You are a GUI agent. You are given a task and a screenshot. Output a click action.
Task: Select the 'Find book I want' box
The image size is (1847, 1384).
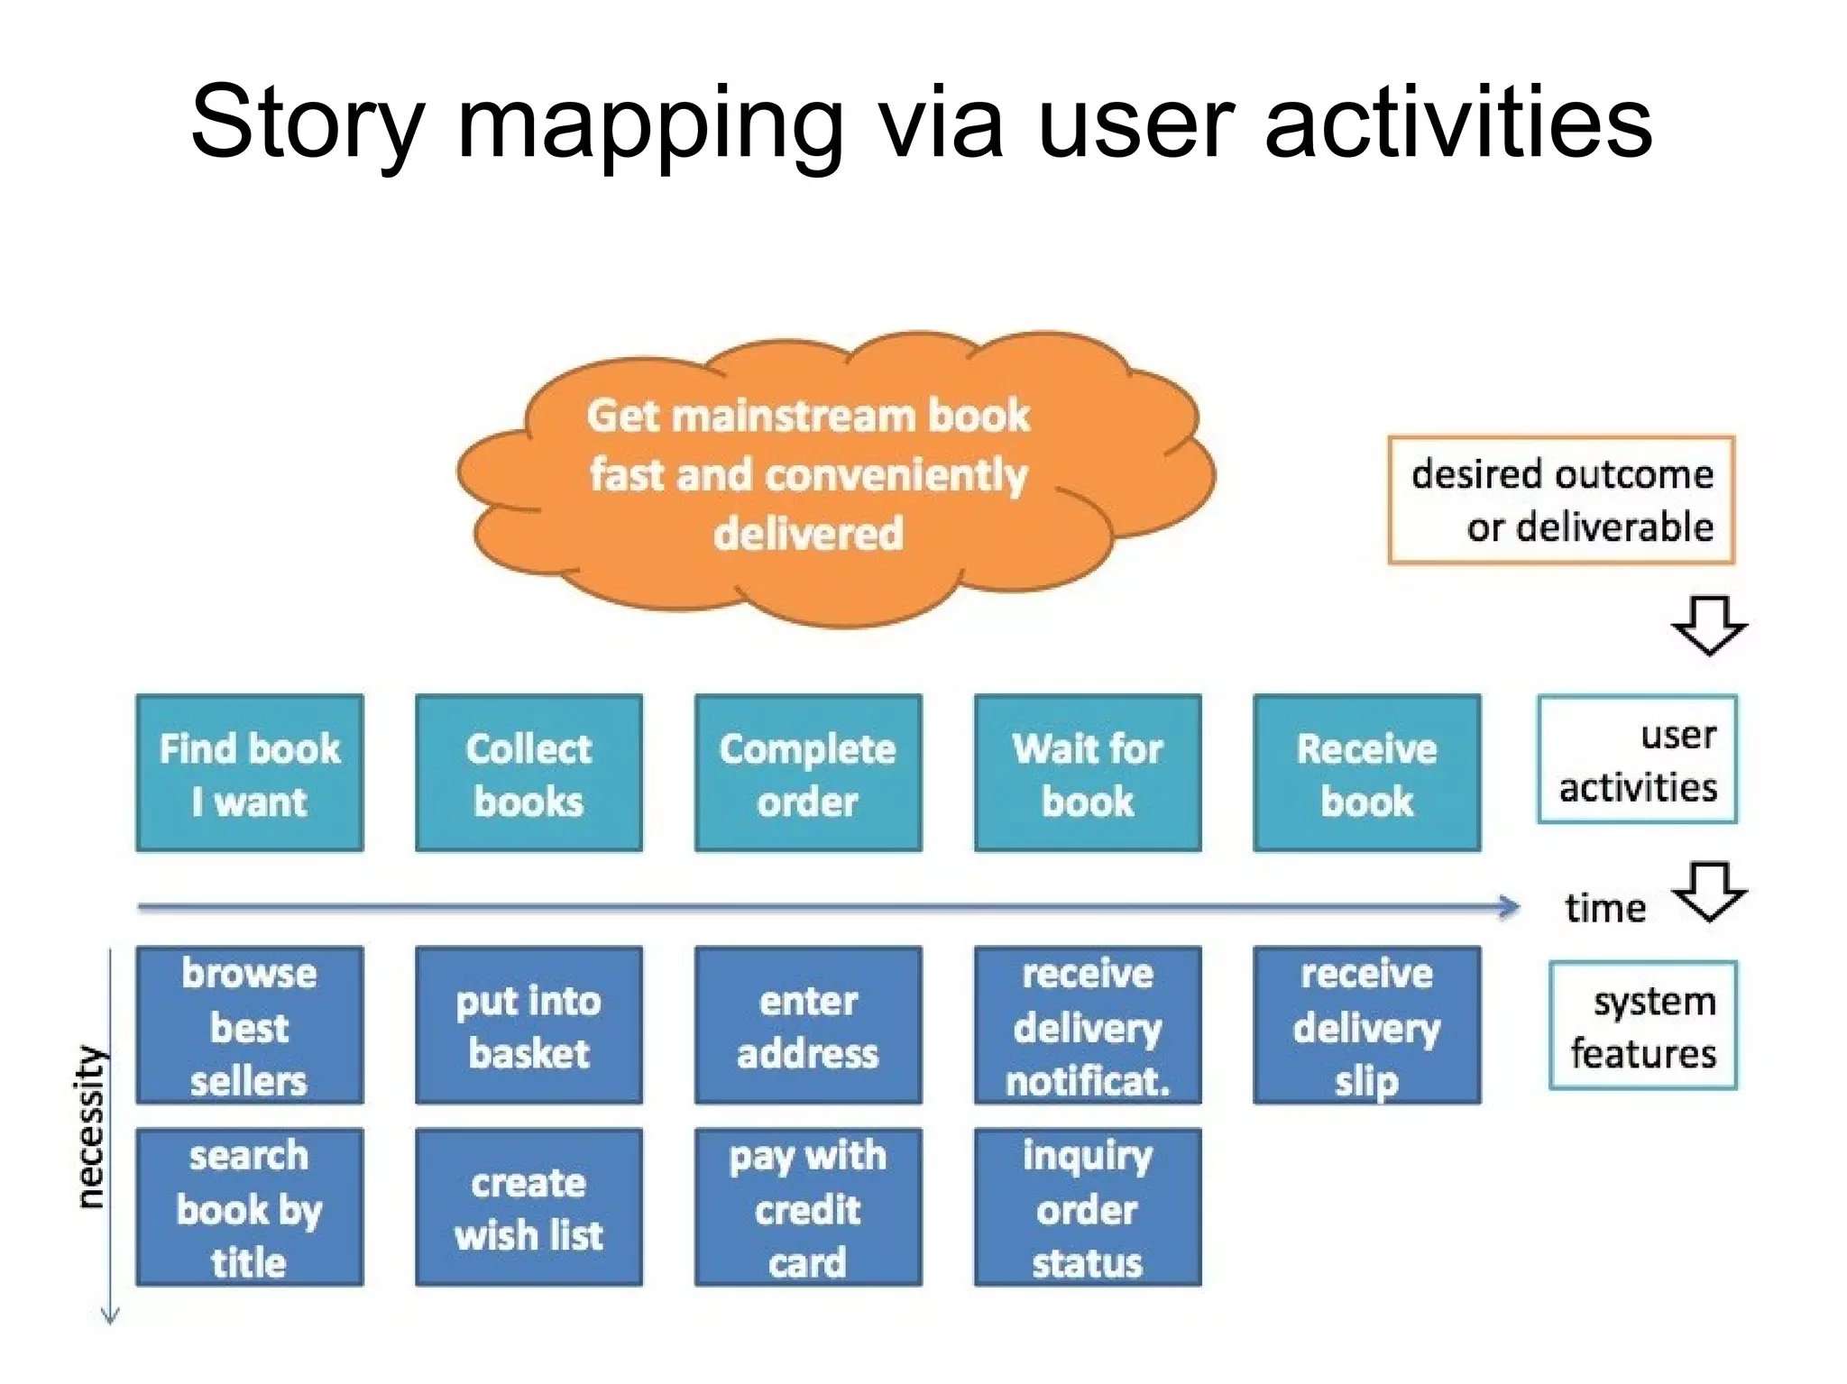(250, 773)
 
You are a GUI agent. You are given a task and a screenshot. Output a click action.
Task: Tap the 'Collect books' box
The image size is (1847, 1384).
(528, 773)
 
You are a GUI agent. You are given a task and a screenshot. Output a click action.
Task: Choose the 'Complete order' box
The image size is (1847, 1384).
(808, 773)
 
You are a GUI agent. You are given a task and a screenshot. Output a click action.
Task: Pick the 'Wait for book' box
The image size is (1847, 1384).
(1088, 773)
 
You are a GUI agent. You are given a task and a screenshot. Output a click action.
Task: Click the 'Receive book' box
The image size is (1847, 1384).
(1366, 773)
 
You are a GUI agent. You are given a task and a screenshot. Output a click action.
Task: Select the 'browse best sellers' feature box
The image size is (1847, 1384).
(250, 1025)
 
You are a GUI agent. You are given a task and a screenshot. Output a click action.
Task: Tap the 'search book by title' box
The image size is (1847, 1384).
(250, 1206)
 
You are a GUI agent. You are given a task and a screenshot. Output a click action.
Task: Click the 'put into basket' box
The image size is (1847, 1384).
(528, 1025)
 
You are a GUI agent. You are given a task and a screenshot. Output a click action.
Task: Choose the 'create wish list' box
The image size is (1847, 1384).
(528, 1206)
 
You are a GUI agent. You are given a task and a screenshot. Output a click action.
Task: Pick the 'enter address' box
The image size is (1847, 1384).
(808, 1025)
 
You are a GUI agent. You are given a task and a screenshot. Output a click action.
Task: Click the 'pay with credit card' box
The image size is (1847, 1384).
(808, 1206)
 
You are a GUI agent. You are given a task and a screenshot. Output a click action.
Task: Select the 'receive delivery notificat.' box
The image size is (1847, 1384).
(1088, 1025)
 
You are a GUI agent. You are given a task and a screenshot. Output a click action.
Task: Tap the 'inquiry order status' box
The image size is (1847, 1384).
(1088, 1206)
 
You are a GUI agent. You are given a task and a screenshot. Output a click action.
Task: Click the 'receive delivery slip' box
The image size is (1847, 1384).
(1366, 1025)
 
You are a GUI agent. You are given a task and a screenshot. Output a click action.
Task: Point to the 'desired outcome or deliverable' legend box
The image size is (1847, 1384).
(1561, 500)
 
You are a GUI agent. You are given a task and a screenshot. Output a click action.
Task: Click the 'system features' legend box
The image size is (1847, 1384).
(1643, 1026)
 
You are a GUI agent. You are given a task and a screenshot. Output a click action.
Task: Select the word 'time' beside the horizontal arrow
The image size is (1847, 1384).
(1604, 908)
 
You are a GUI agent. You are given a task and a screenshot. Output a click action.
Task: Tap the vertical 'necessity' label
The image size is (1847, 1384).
(89, 1126)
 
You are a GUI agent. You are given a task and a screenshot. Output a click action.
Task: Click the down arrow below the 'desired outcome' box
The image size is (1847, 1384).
(1708, 624)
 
